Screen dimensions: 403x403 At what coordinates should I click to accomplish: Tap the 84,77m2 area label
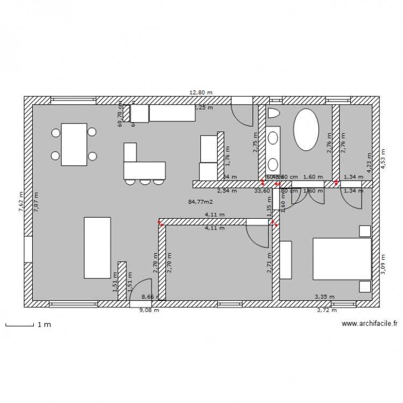(x=200, y=202)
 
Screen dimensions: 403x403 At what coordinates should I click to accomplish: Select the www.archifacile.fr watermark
(x=369, y=323)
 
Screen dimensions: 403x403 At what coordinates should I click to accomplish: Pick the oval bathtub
(x=306, y=130)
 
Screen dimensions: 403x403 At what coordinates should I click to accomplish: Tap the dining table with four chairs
(x=74, y=145)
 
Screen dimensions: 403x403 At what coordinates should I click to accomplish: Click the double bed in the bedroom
(x=342, y=259)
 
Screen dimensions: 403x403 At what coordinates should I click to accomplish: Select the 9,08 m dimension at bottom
(x=149, y=310)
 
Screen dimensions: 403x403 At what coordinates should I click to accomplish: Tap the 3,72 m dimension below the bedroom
(x=326, y=310)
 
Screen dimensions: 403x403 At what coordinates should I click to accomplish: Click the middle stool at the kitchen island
(x=145, y=182)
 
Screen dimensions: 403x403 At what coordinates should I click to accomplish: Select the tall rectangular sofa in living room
(x=97, y=248)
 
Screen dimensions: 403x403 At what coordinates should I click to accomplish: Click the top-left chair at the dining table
(x=55, y=132)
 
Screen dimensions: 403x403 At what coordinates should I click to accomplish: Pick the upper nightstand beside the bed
(x=365, y=231)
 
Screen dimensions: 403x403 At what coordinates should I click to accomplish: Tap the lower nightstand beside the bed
(x=365, y=286)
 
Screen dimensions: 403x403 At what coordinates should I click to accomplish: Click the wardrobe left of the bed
(x=285, y=260)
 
